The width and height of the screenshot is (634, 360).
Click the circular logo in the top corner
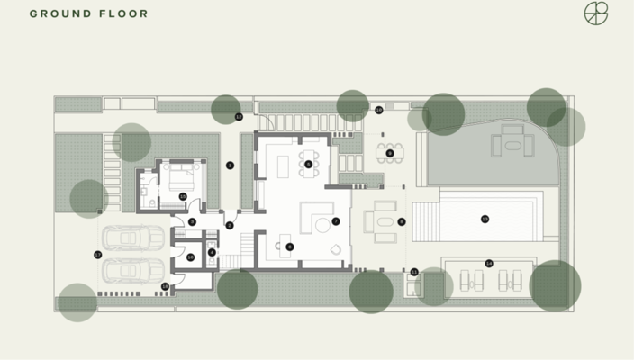click(x=596, y=13)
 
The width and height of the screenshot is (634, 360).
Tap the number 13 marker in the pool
click(x=485, y=219)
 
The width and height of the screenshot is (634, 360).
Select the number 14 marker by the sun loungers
click(x=489, y=264)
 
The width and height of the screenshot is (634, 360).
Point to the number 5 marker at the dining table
click(x=308, y=165)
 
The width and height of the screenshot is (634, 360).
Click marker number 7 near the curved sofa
click(x=335, y=220)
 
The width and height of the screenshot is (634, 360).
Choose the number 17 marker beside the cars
click(x=97, y=255)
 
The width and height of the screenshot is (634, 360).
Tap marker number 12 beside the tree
click(x=239, y=117)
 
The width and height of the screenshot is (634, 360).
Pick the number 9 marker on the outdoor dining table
click(x=390, y=153)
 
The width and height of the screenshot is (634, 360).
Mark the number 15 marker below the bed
click(x=183, y=196)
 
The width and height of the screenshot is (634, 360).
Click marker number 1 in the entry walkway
click(x=230, y=166)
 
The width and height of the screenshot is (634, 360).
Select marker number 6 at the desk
click(x=289, y=247)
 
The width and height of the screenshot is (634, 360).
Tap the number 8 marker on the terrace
click(x=402, y=221)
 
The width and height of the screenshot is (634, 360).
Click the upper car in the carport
click(x=133, y=238)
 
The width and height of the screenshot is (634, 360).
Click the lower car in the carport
click(x=133, y=270)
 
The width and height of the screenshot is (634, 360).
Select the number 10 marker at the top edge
click(x=379, y=110)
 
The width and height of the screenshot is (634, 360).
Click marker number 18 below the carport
click(x=165, y=286)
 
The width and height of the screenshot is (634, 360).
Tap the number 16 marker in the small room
click(x=190, y=257)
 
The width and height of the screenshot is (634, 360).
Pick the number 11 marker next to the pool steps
click(x=414, y=272)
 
